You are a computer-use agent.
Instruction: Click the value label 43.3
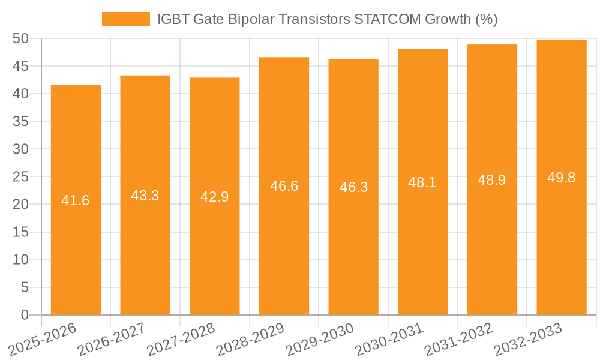click(145, 196)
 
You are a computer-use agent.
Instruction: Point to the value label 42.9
click(214, 197)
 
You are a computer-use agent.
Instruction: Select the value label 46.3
click(353, 187)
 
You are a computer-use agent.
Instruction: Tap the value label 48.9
click(492, 180)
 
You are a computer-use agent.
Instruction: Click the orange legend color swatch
click(126, 19)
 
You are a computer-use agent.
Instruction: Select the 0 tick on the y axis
click(25, 315)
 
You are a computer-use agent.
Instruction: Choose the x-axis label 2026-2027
click(110, 339)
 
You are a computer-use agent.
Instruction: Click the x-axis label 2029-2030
click(319, 339)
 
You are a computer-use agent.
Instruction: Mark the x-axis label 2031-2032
click(458, 339)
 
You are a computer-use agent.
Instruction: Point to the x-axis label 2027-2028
click(180, 339)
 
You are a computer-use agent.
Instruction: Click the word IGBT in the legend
click(173, 19)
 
